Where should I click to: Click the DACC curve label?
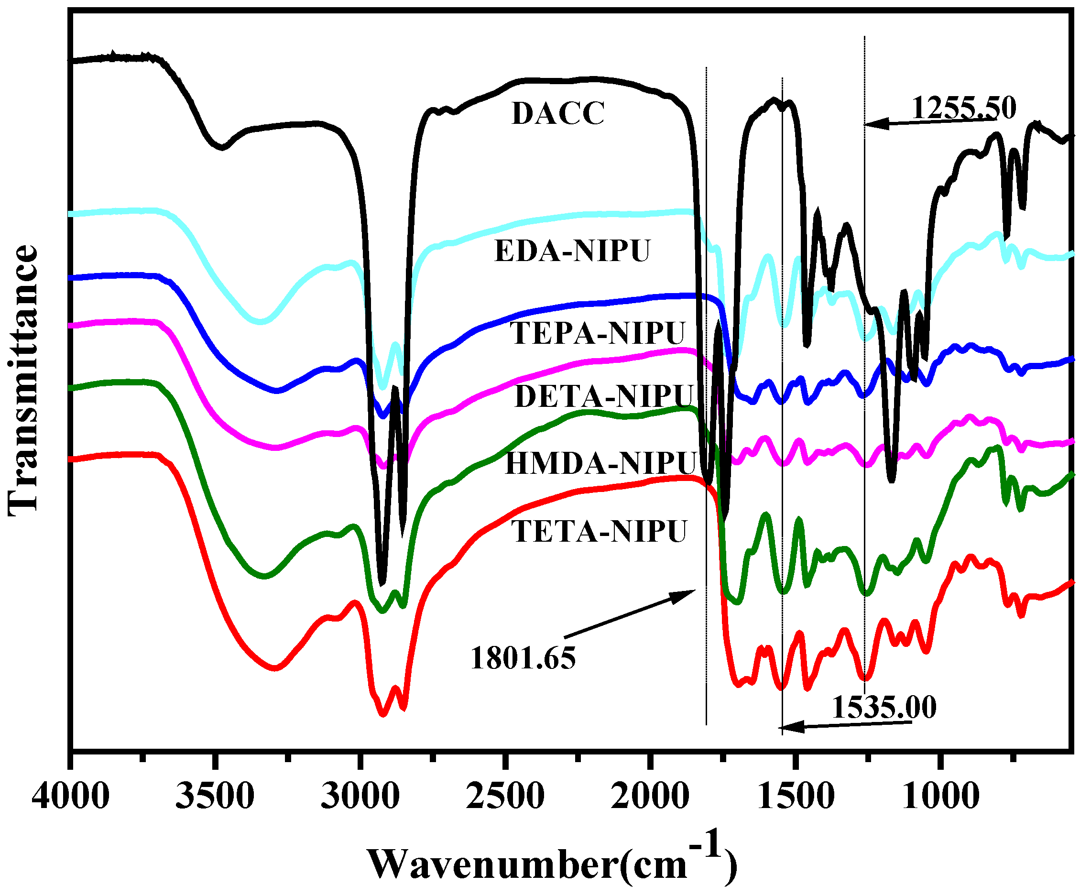tap(558, 114)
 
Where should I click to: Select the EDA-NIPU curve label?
tap(572, 251)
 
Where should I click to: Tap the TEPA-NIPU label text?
tap(598, 333)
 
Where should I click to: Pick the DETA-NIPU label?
tap(604, 396)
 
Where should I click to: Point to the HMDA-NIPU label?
tap(600, 463)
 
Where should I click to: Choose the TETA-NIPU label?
tap(599, 531)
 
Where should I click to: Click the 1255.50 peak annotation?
tap(964, 109)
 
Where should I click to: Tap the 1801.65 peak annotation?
tap(523, 658)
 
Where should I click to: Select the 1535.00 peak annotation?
tap(884, 707)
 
